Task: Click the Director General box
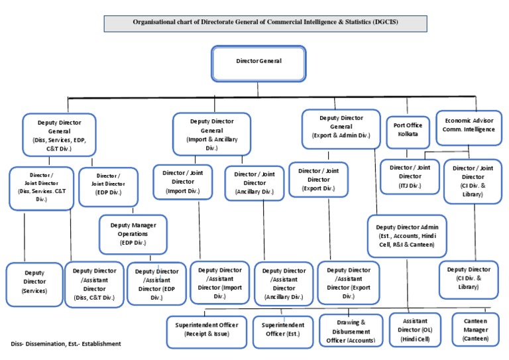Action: coord(258,62)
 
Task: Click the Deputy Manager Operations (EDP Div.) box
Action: coord(133,234)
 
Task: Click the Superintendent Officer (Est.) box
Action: coord(283,330)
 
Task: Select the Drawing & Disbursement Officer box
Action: coord(351,330)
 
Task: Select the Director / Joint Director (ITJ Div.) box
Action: coord(410,176)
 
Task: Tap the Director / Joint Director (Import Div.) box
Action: coord(188,182)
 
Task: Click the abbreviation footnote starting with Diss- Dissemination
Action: coord(66,344)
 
